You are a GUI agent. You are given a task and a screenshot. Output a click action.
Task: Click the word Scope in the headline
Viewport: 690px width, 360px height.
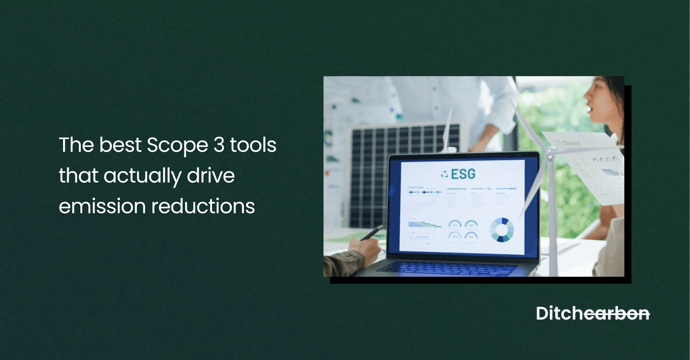click(x=177, y=146)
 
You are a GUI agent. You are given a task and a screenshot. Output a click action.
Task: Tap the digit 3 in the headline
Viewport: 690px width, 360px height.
click(x=219, y=145)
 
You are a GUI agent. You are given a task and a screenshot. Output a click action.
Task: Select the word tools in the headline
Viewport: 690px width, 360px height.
click(x=253, y=145)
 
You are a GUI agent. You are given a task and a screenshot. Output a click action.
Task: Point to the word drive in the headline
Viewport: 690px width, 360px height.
click(x=211, y=175)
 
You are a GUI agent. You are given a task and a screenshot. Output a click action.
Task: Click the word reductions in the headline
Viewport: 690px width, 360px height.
click(x=203, y=206)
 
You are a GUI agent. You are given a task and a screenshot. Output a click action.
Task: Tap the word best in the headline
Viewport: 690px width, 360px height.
click(x=120, y=145)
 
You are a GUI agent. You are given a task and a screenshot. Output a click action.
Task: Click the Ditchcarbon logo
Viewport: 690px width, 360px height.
click(x=592, y=314)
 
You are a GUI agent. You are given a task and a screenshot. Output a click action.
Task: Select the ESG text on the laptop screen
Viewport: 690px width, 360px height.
click(x=463, y=174)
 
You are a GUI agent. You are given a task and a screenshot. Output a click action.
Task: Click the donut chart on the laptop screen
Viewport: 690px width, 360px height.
click(x=502, y=230)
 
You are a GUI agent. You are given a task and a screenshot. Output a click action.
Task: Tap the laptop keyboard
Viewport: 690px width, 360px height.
click(x=446, y=267)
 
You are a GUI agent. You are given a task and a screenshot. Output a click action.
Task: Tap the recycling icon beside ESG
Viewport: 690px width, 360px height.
click(x=444, y=174)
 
